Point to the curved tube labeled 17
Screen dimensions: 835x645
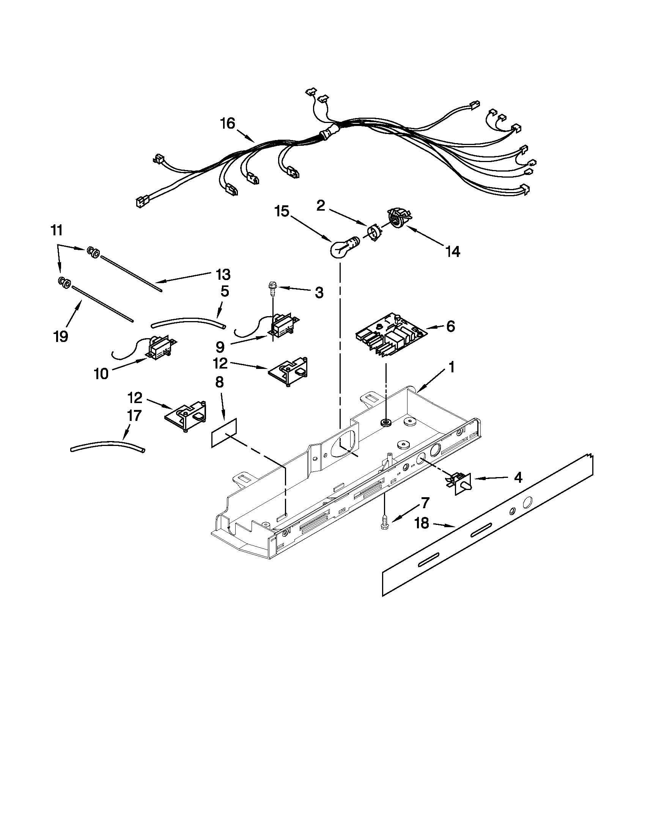(x=107, y=446)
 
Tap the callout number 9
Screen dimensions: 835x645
(x=220, y=347)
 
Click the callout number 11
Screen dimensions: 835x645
(x=56, y=230)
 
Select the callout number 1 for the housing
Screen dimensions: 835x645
(x=451, y=367)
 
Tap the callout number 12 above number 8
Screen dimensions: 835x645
(x=220, y=363)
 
